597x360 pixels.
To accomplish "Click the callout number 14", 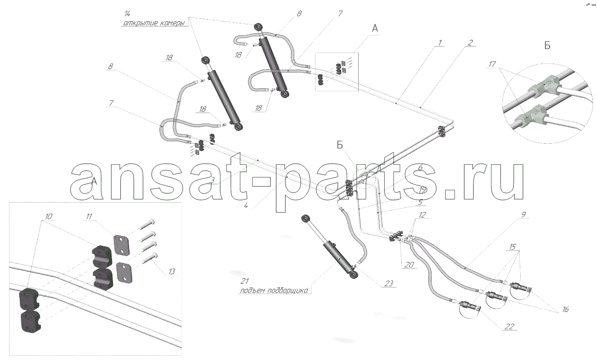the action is click(127, 14).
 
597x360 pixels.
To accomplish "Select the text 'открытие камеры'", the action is click(154, 23).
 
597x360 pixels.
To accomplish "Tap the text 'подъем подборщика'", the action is click(274, 290).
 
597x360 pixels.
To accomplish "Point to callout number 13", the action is click(171, 271).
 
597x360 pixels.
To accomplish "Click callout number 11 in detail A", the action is click(89, 217).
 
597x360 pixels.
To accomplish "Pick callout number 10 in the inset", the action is click(49, 216).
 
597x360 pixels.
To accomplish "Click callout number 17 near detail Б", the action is click(492, 64).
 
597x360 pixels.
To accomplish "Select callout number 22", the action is click(509, 326).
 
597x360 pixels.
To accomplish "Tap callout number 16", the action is click(565, 309).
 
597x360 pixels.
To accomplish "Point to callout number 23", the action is click(388, 284).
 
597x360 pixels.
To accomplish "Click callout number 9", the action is click(524, 215).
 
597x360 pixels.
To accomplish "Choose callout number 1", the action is click(440, 43).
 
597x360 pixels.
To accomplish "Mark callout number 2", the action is click(470, 43).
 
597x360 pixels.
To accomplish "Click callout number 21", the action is click(244, 281).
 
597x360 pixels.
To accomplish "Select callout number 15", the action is click(513, 247).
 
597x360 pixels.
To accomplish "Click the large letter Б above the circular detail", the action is click(547, 46).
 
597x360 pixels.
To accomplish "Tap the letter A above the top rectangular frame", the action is click(375, 28).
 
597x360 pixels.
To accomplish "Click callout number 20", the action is click(409, 264).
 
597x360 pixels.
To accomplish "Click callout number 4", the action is click(246, 206).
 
